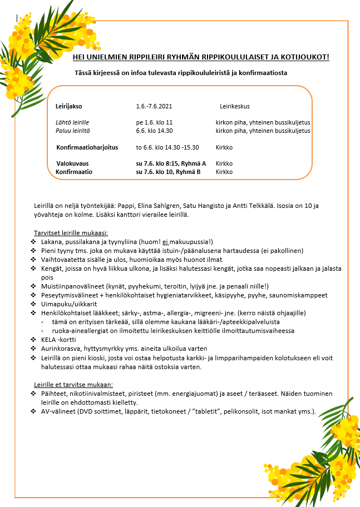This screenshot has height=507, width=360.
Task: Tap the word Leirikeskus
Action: pyautogui.click(x=235, y=106)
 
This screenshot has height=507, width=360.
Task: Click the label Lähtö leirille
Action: pyautogui.click(x=72, y=122)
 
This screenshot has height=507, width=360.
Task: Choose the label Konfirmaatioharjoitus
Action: pyautogui.click(x=87, y=147)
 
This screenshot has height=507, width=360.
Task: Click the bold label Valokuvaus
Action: pyautogui.click(x=73, y=163)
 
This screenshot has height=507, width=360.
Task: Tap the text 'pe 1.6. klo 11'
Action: pyautogui.click(x=154, y=122)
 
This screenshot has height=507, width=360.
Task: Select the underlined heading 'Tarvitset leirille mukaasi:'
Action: pyautogui.click(x=71, y=232)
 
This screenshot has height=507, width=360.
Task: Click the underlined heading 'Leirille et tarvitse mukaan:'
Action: pyautogui.click(x=73, y=384)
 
